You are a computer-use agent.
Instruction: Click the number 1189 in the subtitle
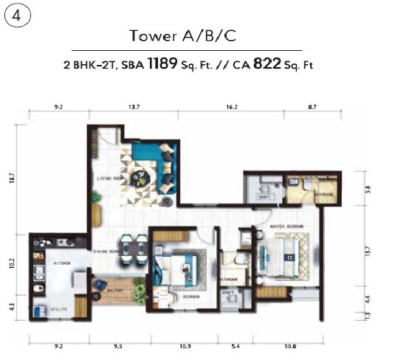coord(162,63)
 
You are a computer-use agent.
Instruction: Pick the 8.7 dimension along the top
coord(312,107)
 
